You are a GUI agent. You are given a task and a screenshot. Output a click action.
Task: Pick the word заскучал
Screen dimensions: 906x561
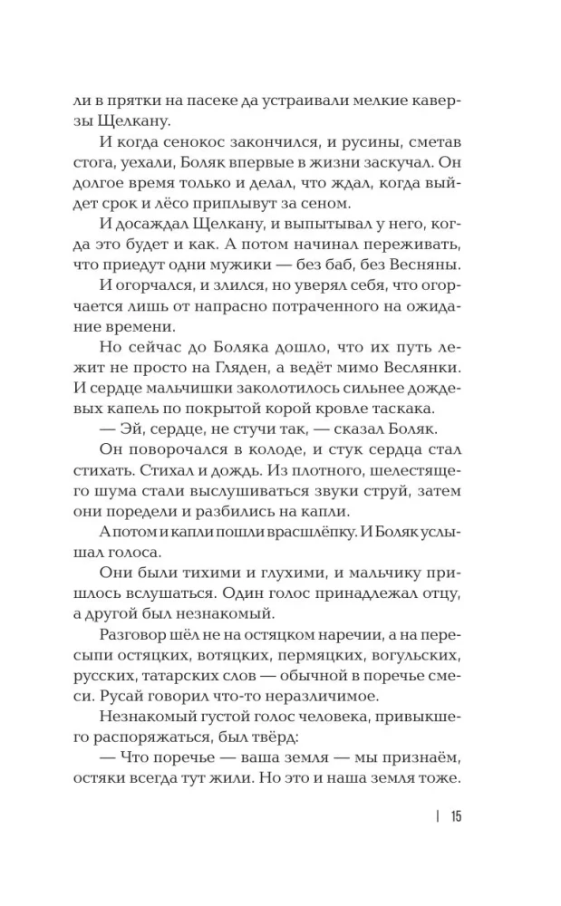[x=381, y=167]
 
